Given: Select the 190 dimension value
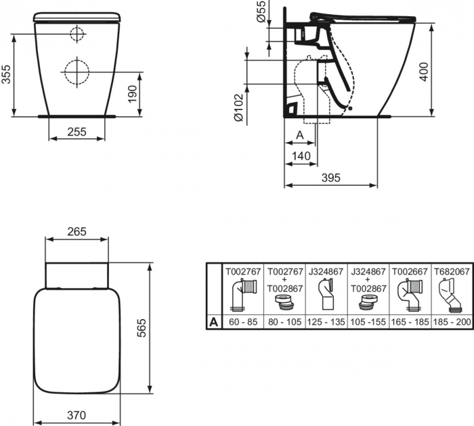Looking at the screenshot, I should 133,93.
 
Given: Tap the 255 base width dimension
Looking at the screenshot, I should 77,133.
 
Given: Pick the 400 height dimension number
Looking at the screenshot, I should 425,71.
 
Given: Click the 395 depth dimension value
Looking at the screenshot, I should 330,178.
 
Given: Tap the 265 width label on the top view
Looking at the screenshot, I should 77,231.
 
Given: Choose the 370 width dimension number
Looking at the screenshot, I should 77,415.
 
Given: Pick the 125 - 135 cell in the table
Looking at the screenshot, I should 326,322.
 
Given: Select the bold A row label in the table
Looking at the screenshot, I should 214,322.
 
